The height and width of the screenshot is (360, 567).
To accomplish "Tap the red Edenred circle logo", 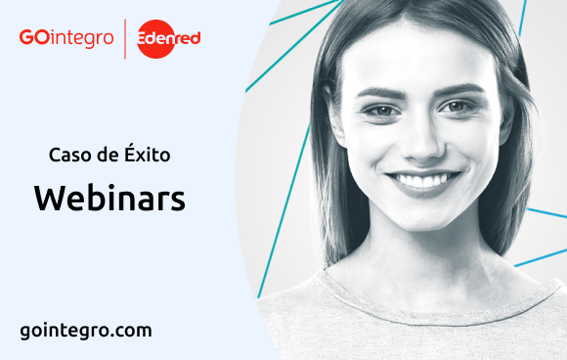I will click(169, 38).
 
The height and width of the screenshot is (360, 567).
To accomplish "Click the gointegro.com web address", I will click(86, 330).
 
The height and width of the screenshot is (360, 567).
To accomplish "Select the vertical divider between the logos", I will click(126, 38).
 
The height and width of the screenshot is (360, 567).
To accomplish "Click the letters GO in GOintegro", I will click(31, 38).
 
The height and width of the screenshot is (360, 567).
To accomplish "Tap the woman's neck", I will click(420, 256).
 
